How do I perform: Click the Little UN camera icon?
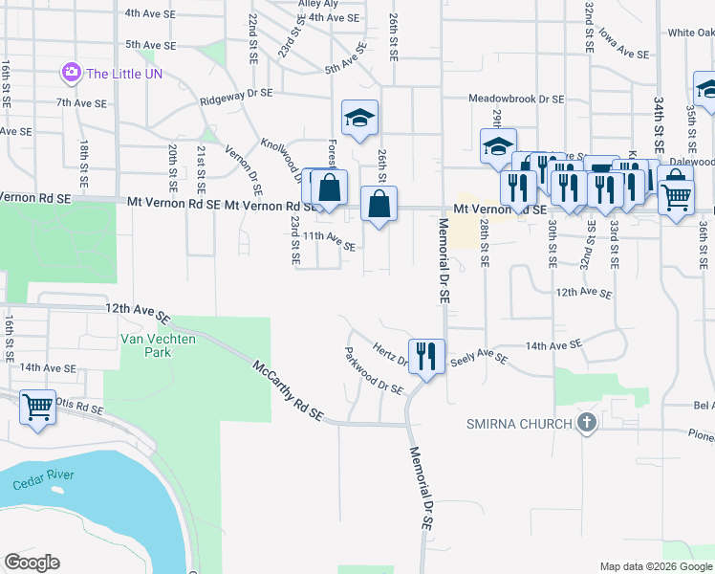coord(71,72)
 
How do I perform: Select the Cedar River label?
coord(44,480)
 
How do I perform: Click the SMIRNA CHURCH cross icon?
coord(586,423)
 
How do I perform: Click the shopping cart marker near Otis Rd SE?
coord(37,407)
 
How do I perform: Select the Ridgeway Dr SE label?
coord(236,98)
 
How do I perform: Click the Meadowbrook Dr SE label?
coord(515,99)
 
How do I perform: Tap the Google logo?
coord(32,563)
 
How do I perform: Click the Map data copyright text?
coord(655,566)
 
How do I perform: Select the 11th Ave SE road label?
coord(329,241)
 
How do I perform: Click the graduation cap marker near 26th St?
coord(360,119)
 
